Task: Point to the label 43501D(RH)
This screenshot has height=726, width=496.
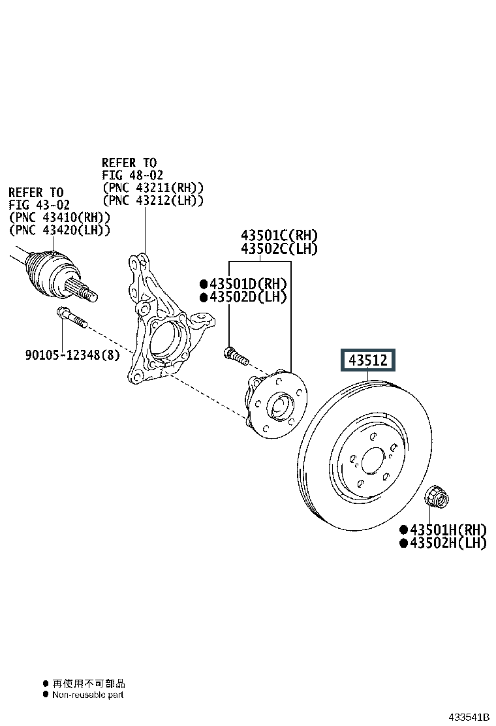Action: click(x=247, y=284)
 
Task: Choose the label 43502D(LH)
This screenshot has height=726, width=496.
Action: click(x=247, y=297)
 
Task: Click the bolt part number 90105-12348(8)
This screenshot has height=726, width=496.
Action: click(x=73, y=355)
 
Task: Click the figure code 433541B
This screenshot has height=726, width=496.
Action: click(x=468, y=717)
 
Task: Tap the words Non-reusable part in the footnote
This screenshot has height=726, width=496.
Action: click(x=87, y=695)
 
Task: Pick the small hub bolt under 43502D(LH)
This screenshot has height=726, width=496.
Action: click(x=235, y=356)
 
